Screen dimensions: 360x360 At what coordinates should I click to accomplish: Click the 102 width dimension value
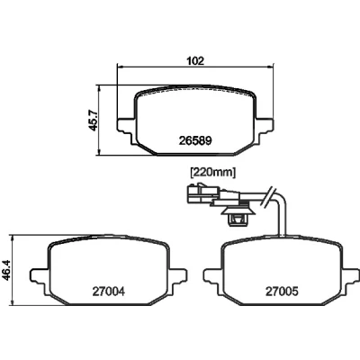click(x=195, y=60)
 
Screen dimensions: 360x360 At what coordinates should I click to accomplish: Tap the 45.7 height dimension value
click(x=94, y=121)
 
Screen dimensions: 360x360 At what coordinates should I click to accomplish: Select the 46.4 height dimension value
click(x=6, y=270)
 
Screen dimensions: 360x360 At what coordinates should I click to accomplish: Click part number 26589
click(x=195, y=140)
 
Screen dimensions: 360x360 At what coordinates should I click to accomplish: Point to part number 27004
click(x=108, y=292)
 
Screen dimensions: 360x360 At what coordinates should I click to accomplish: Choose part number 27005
click(x=282, y=292)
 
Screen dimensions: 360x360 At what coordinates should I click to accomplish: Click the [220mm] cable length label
click(x=212, y=173)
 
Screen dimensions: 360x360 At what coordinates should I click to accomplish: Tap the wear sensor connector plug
click(x=202, y=194)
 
